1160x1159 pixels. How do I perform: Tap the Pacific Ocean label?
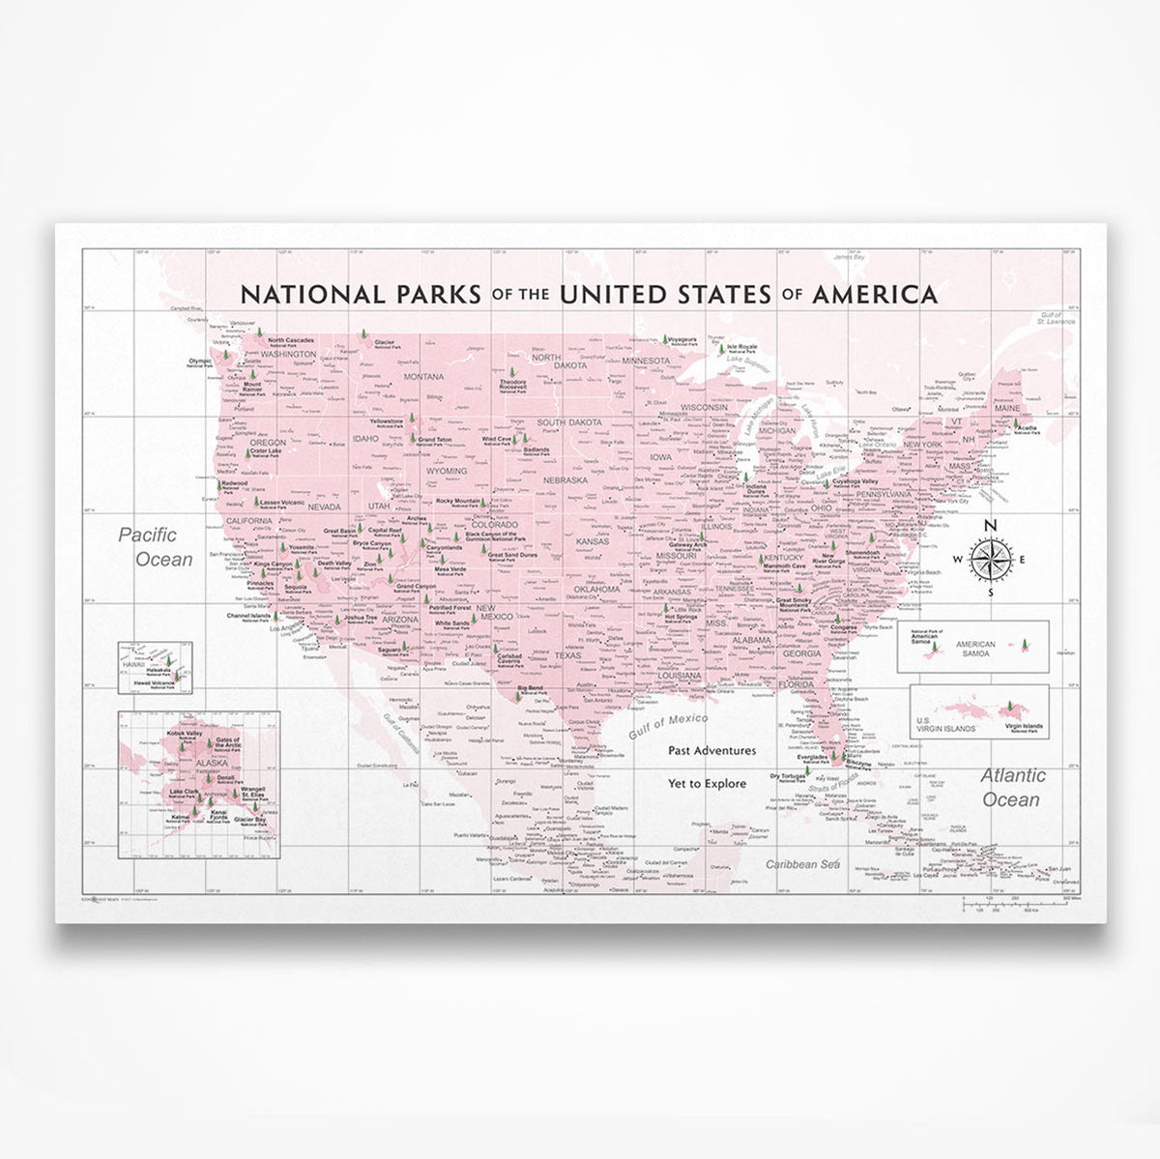coord(156,545)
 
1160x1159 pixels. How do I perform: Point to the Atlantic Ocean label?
coord(1011,787)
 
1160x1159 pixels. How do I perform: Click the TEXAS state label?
coord(570,655)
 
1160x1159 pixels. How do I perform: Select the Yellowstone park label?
coord(387,422)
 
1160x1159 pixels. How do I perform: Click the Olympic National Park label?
coord(200,361)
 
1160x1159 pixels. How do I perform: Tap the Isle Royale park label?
coord(739,346)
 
